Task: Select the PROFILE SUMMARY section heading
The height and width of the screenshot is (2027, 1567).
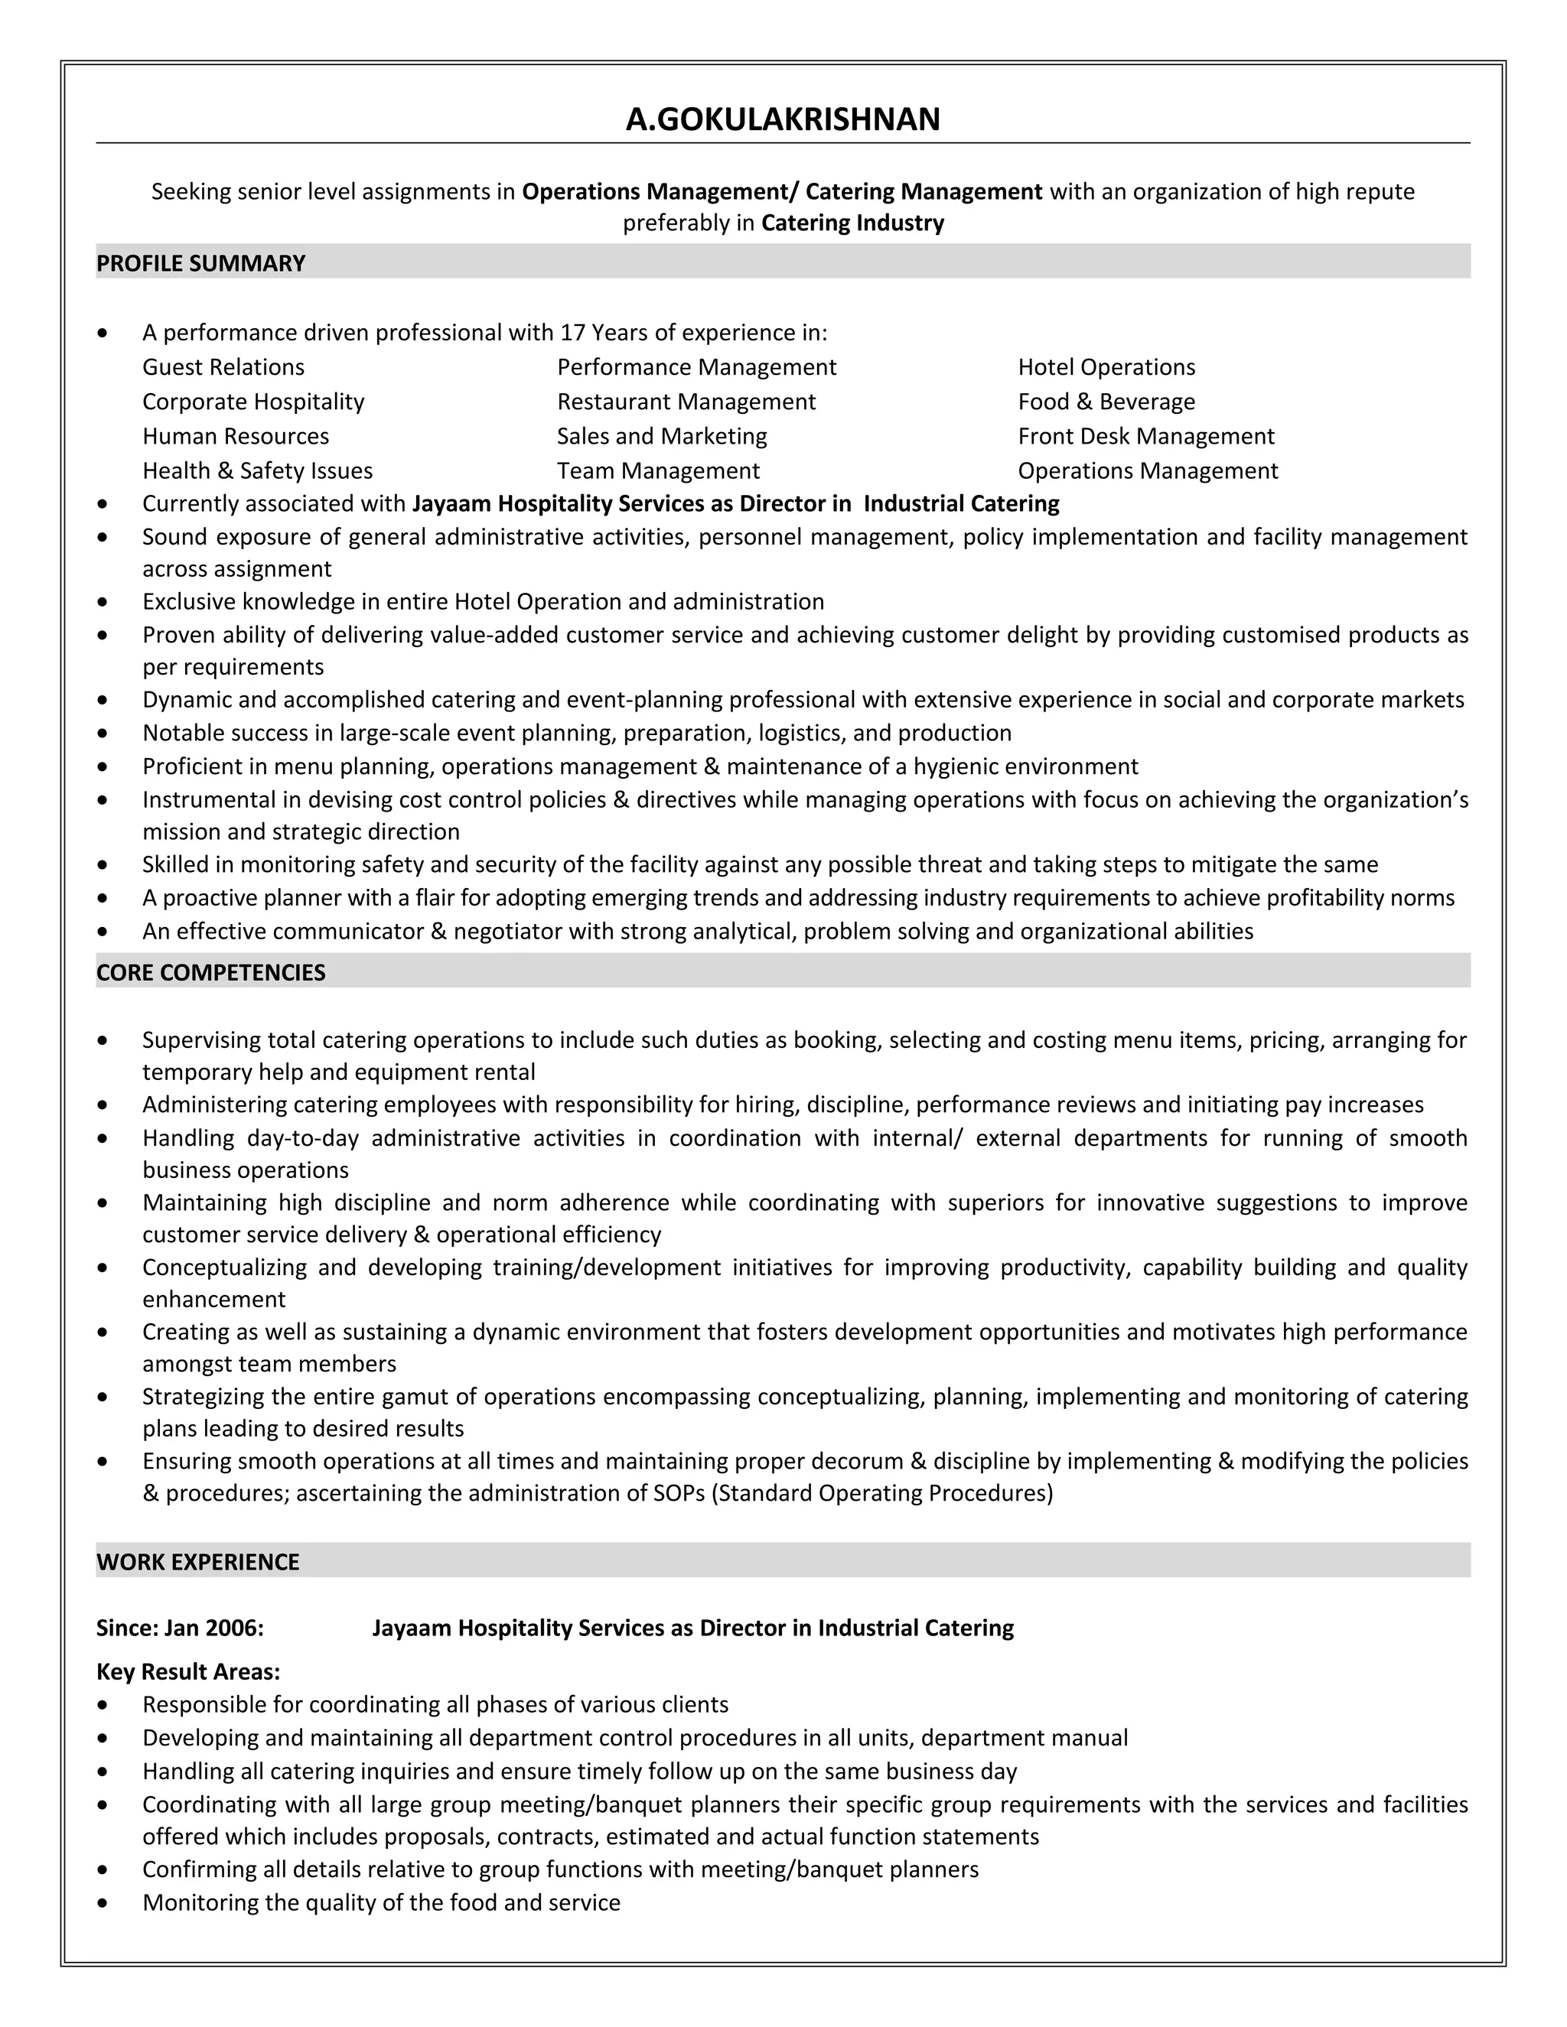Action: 200,264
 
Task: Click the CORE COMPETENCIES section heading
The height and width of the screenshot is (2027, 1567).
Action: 210,973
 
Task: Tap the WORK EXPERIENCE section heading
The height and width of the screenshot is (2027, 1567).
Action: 197,1562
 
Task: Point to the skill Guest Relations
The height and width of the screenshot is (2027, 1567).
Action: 223,367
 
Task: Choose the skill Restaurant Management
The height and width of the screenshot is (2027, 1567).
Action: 686,402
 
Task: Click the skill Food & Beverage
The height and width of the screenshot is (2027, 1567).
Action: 1106,402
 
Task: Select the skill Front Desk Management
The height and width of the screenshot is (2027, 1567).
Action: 1145,436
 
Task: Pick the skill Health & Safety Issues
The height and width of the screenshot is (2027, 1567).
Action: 257,471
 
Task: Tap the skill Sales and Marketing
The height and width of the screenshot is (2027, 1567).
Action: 662,436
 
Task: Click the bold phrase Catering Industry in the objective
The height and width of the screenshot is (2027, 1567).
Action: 852,223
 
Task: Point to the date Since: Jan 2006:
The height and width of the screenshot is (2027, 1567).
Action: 180,1628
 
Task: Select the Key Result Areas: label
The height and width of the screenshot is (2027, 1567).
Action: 188,1671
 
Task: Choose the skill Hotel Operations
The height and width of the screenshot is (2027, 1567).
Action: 1106,367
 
